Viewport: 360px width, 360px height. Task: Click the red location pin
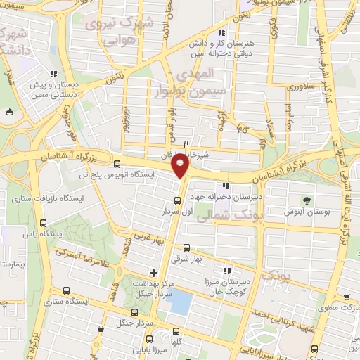(182, 167)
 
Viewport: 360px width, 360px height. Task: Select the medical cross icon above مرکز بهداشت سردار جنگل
(153, 272)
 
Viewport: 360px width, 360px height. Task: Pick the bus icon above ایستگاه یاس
(44, 223)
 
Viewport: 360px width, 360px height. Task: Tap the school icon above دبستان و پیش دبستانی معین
(53, 74)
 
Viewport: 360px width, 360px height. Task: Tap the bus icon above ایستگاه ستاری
(66, 291)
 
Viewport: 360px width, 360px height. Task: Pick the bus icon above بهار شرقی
(186, 247)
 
